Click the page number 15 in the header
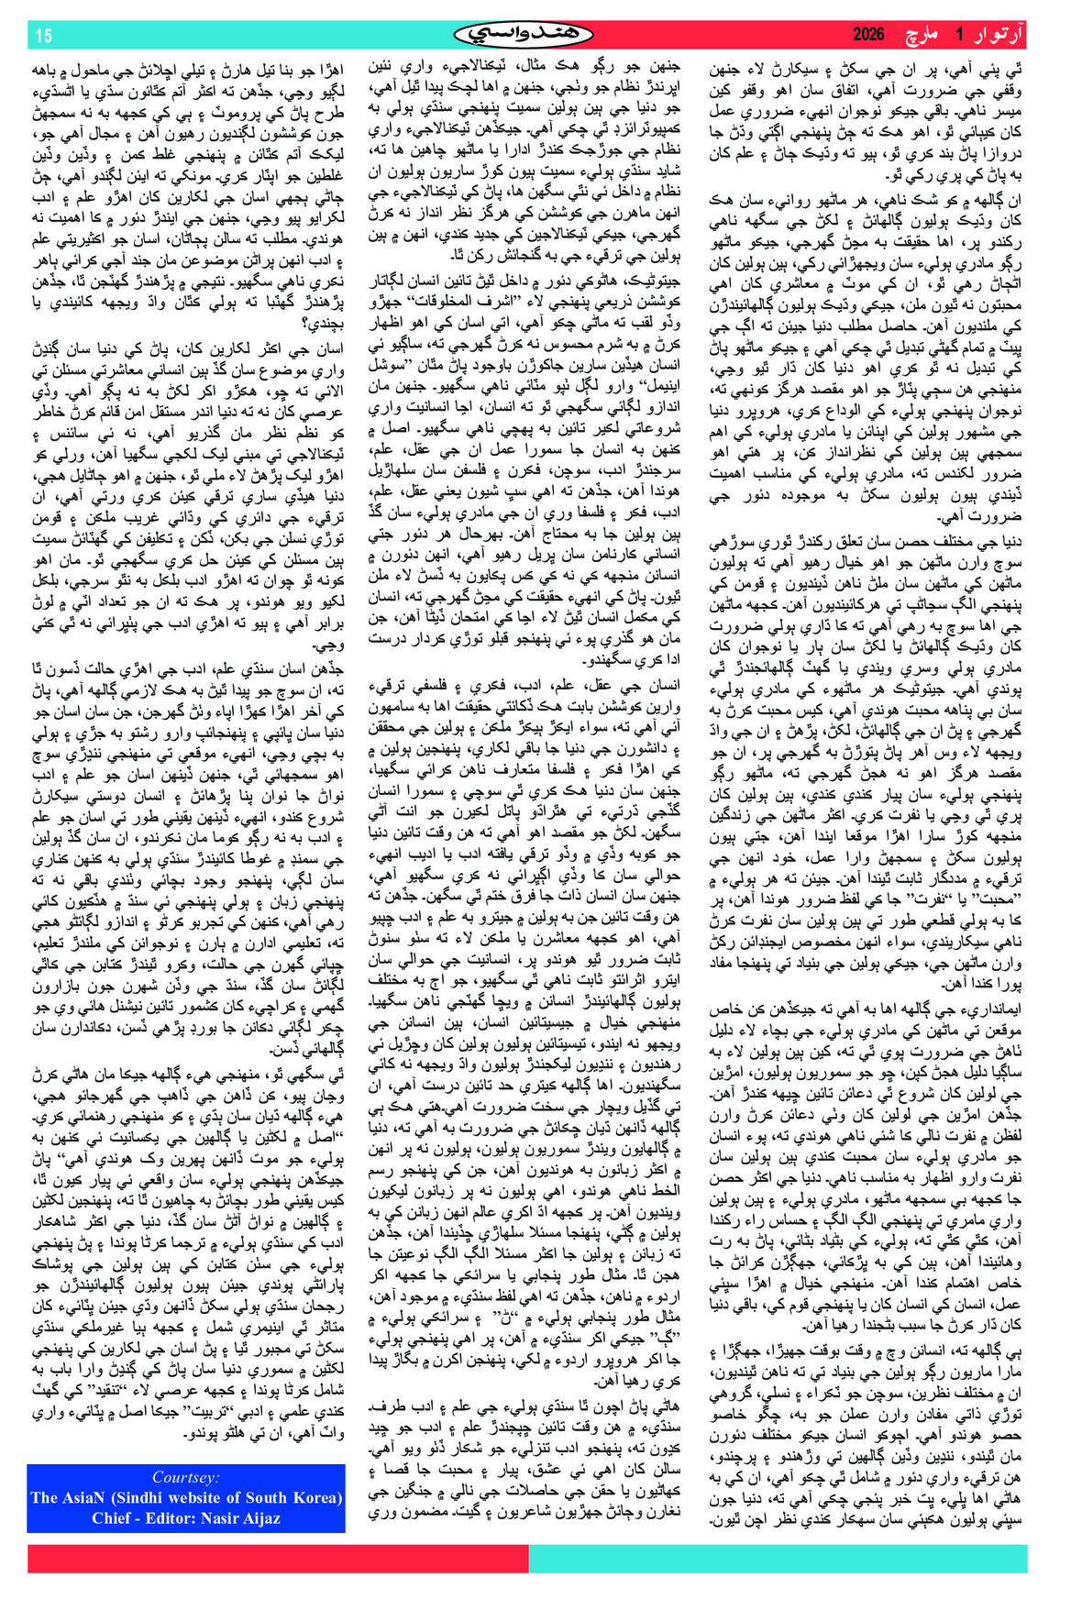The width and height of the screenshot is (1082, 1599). (x=43, y=36)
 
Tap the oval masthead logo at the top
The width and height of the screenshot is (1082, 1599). (x=524, y=35)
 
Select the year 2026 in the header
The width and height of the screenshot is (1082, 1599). (x=867, y=35)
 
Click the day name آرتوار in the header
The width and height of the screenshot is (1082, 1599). (x=996, y=35)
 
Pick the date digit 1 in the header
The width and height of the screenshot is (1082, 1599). (x=959, y=35)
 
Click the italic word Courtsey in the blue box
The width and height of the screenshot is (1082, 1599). (x=185, y=1477)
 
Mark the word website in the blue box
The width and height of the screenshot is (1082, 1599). (x=203, y=1497)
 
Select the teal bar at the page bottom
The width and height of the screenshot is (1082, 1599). (x=778, y=1559)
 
